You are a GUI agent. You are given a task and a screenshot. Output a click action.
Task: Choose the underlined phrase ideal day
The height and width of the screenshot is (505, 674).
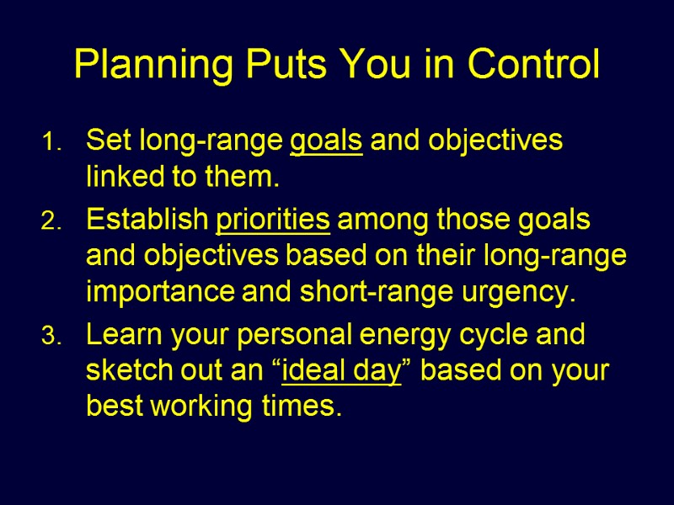coord(341,371)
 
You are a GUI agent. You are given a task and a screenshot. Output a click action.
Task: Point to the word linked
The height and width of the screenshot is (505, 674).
coord(120,178)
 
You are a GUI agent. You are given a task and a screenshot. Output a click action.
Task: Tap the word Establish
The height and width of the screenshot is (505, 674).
coord(147,221)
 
